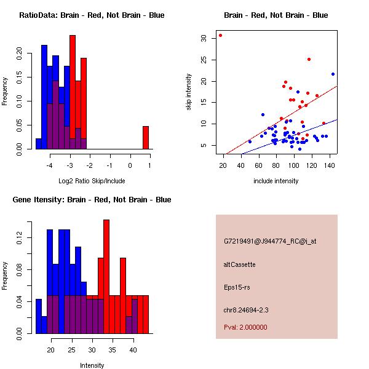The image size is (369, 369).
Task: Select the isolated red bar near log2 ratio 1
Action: [x=146, y=137]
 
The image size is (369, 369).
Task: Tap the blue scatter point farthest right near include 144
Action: [x=333, y=74]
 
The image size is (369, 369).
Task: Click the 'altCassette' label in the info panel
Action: [x=239, y=264]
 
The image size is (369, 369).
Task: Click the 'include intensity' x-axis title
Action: [x=276, y=181]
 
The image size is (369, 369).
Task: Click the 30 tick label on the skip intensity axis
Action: [x=204, y=38]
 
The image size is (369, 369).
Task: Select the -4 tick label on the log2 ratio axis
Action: [x=50, y=165]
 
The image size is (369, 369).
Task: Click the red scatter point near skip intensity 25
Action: [x=309, y=59]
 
